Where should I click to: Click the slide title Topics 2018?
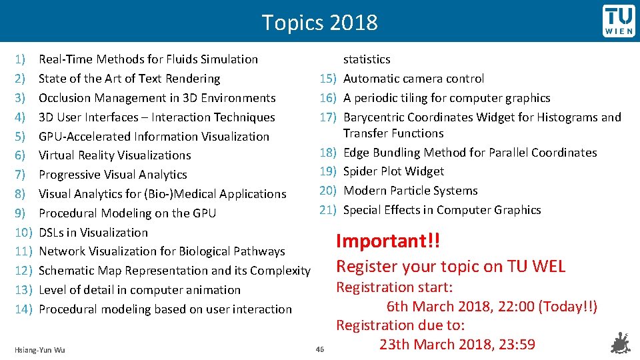point(319,23)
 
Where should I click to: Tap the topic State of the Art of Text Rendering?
point(129,79)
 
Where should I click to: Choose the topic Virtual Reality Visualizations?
point(115,155)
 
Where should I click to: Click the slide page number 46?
point(319,349)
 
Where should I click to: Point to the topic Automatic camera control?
point(413,79)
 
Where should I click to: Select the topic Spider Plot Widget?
point(393,171)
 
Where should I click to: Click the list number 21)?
point(327,210)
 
